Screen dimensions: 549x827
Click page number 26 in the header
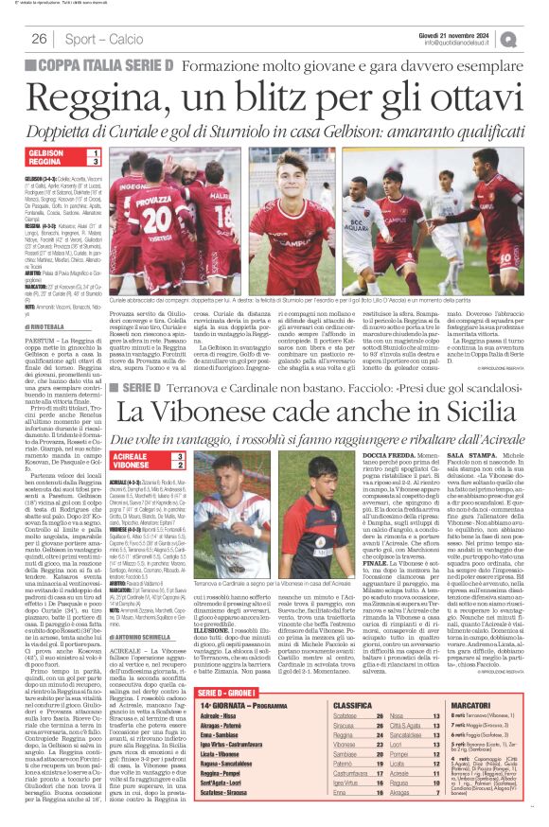pyautogui.click(x=39, y=39)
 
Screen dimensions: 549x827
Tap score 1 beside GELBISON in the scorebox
pyautogui.click(x=95, y=152)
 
